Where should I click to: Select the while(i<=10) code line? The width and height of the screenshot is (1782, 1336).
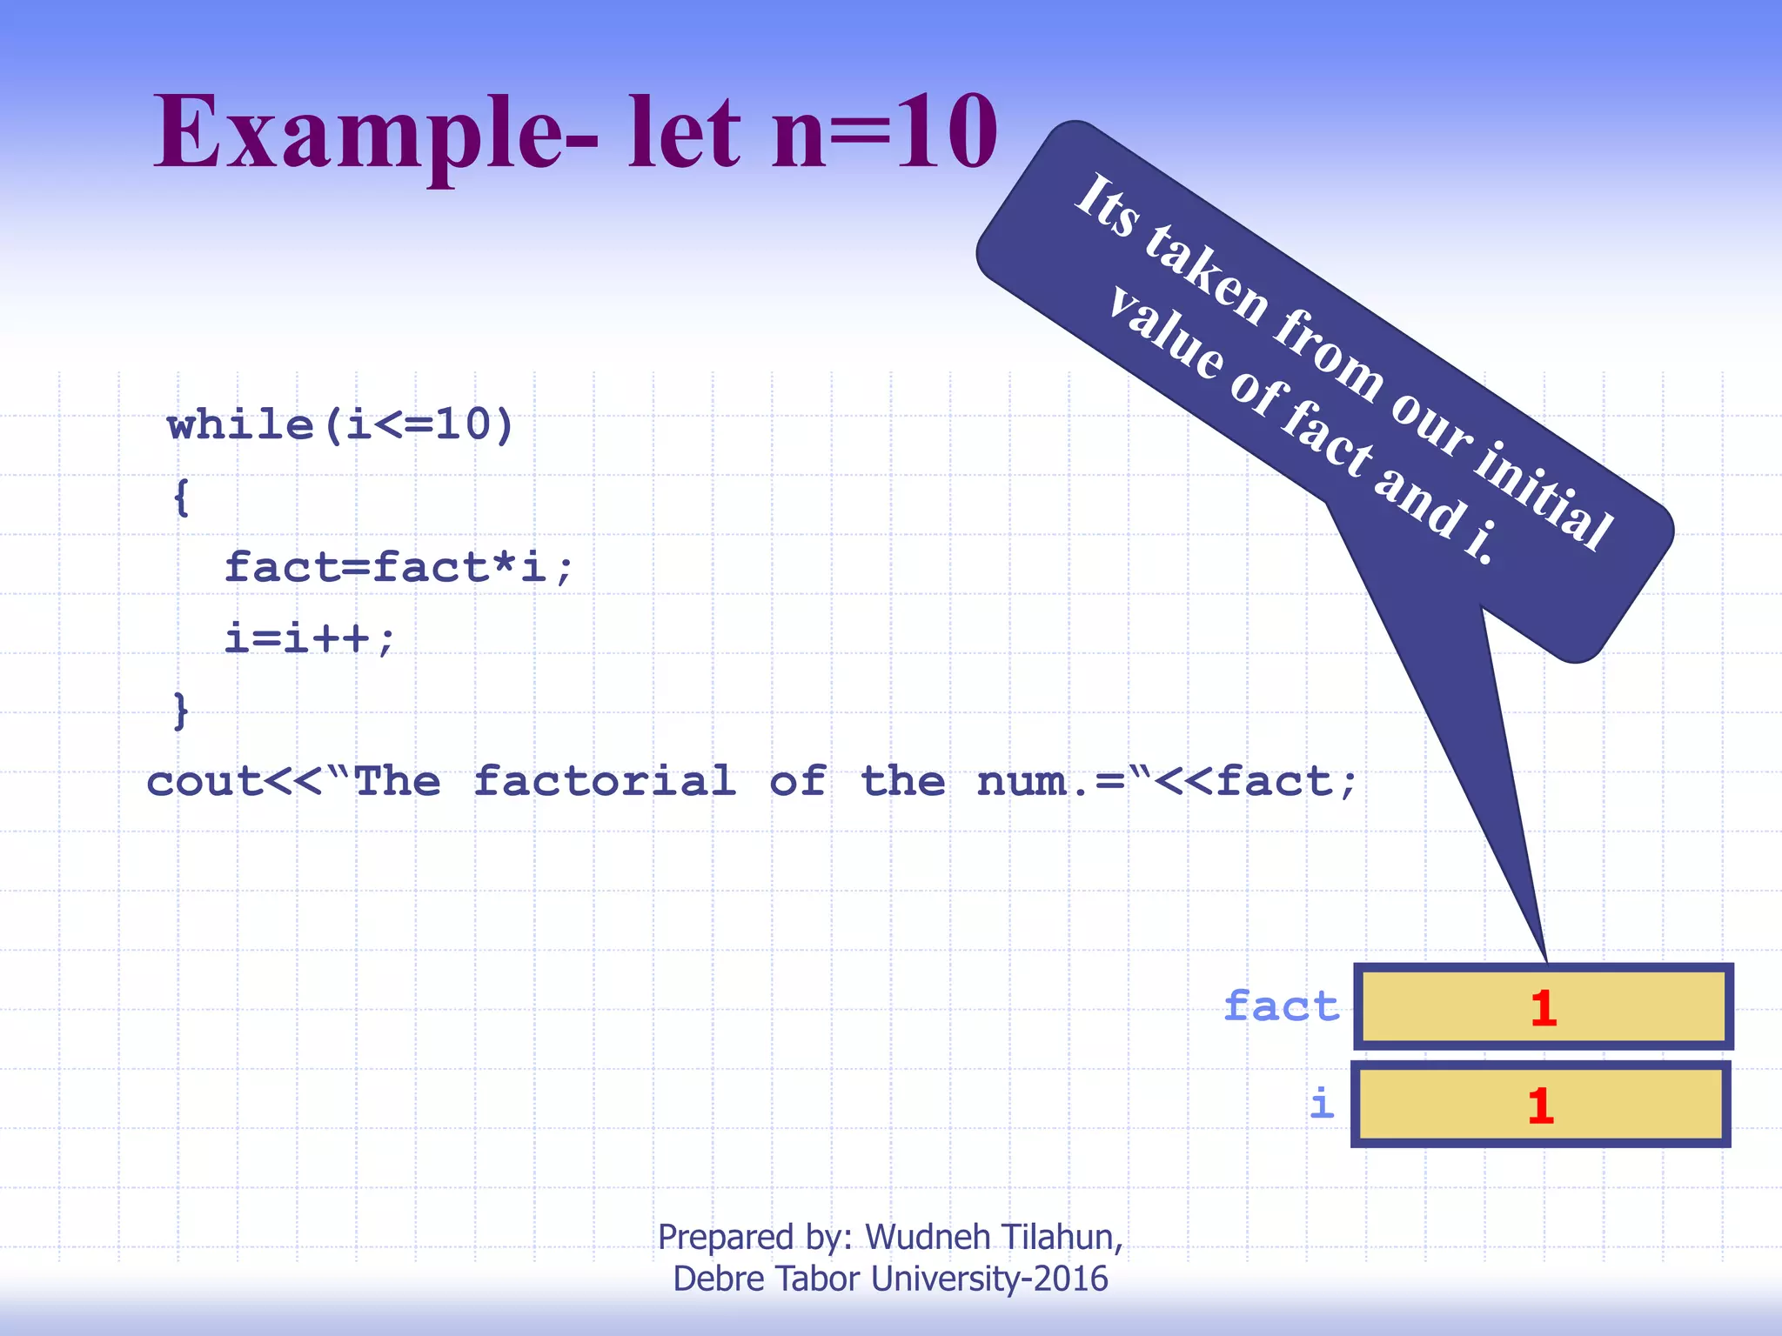point(340,425)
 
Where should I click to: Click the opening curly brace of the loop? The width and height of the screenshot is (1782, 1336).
point(181,498)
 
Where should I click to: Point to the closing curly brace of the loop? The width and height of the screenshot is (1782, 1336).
point(181,711)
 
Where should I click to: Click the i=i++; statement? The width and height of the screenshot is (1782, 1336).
point(310,639)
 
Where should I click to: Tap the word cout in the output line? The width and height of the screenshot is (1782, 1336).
point(204,781)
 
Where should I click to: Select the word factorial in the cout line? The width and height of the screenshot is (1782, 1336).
point(605,781)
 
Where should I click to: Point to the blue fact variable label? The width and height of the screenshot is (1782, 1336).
point(1282,1006)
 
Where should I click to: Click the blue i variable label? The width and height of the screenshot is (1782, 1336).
point(1322,1104)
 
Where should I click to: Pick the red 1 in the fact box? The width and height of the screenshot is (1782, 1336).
point(1544,1008)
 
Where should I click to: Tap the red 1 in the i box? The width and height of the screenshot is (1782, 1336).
point(1541,1106)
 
